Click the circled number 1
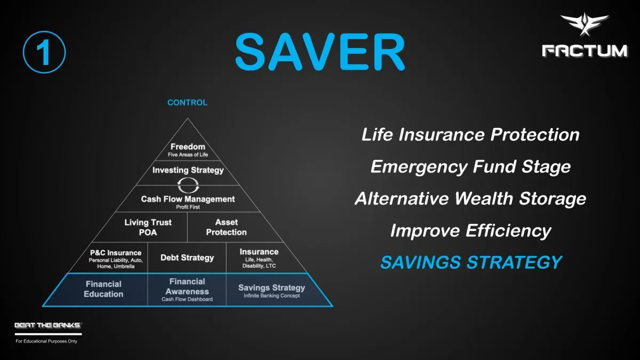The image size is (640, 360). point(44,52)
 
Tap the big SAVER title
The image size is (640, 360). point(320,52)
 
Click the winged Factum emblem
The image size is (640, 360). point(585,24)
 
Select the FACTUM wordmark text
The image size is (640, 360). point(585,51)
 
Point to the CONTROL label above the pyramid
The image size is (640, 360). point(187,102)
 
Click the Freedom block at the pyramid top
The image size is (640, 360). point(188,150)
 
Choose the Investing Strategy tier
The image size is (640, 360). point(188,170)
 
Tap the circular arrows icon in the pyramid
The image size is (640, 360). point(188,186)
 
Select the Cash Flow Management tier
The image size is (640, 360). point(188,202)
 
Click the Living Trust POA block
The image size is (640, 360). point(148,227)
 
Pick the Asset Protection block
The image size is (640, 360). point(226,227)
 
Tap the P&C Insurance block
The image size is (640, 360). point(116,259)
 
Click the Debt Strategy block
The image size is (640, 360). point(187,258)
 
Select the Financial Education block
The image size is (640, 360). point(103,289)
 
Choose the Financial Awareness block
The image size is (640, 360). point(187,290)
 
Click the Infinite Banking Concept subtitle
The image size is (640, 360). point(271,295)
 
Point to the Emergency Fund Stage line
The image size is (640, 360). point(470,166)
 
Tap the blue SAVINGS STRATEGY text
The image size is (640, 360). point(471,262)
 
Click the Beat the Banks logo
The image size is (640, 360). point(49,325)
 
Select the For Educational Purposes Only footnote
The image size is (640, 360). point(46,341)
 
